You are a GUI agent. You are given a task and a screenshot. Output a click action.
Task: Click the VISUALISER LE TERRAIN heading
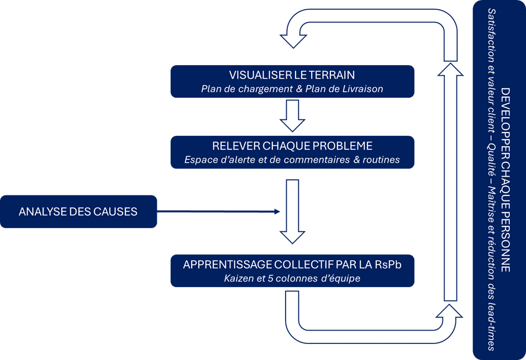pos(292,75)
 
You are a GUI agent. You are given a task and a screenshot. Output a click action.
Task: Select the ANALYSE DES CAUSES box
pos(78,211)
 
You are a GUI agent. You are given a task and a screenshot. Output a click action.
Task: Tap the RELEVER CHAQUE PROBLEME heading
pos(292,146)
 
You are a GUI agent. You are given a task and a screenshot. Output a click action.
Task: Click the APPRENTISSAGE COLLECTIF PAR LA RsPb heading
pos(292,264)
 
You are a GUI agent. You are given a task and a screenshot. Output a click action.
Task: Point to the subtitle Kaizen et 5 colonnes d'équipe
pos(292,278)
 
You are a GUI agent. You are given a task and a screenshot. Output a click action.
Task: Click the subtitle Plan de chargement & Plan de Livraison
pos(292,89)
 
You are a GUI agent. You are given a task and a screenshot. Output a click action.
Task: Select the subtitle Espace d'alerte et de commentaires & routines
pos(292,160)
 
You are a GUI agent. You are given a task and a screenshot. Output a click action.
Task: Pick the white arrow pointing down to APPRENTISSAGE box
pos(292,210)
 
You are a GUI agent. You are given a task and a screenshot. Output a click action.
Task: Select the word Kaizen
pos(237,278)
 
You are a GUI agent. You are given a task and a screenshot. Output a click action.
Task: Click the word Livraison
pos(364,89)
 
